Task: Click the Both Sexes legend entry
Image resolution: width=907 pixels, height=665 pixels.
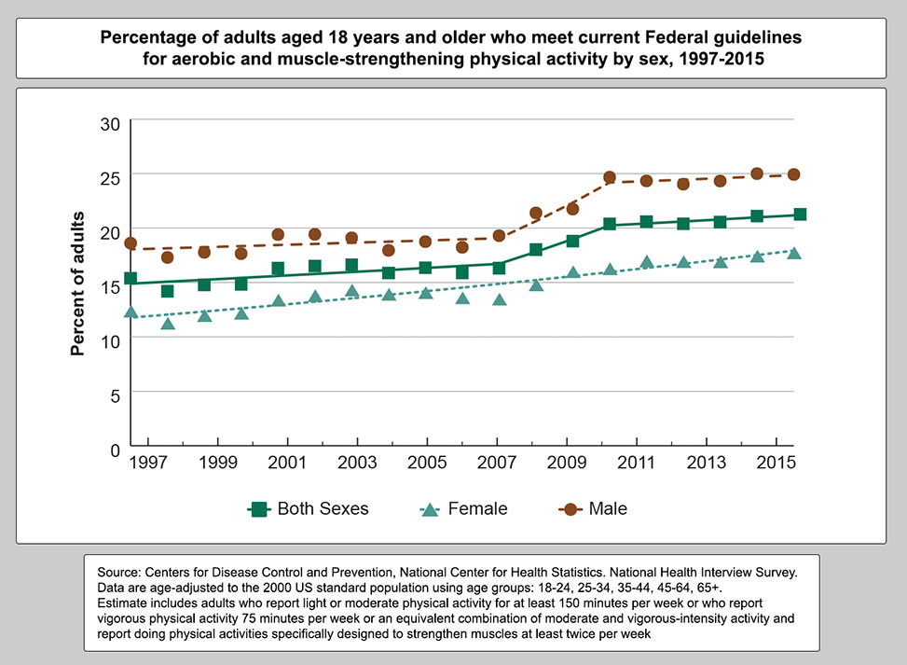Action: (x=309, y=509)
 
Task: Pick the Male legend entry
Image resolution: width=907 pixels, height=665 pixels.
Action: (x=592, y=509)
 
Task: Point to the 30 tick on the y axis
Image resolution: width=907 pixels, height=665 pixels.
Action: (x=110, y=121)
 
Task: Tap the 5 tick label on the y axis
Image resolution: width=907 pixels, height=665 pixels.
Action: (x=115, y=395)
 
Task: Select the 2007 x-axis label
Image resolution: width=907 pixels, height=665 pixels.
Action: (x=497, y=464)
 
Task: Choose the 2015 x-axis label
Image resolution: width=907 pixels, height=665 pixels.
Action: (x=776, y=464)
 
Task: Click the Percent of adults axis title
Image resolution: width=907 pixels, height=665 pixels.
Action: (x=79, y=284)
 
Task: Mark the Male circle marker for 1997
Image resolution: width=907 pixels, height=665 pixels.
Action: (x=131, y=243)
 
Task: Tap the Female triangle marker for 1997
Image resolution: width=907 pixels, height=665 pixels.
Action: (x=131, y=312)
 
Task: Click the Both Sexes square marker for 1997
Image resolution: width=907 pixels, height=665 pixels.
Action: (x=131, y=279)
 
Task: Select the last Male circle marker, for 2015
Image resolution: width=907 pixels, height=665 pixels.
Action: (x=794, y=174)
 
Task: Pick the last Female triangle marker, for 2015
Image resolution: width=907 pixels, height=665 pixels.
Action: (x=794, y=253)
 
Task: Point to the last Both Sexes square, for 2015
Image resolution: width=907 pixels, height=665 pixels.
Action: (x=800, y=215)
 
